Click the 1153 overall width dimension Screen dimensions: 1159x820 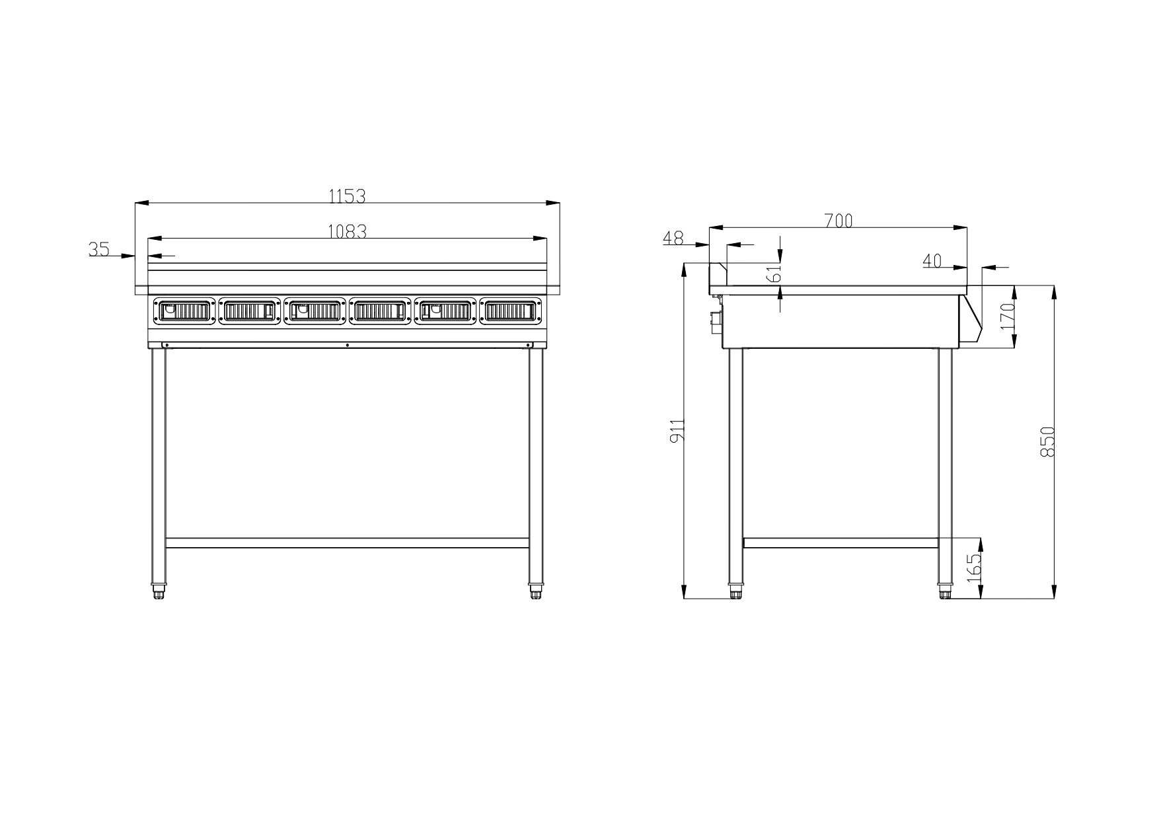(x=347, y=196)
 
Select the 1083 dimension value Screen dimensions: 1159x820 (x=347, y=231)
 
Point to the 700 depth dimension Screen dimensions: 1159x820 (x=839, y=221)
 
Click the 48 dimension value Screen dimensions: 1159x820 (x=673, y=239)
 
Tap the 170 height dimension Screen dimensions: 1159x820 (x=1007, y=317)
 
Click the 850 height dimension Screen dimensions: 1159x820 (x=1047, y=442)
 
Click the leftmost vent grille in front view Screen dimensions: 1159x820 (x=184, y=311)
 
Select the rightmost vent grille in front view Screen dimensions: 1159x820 (x=511, y=311)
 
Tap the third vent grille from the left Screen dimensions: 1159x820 (x=315, y=311)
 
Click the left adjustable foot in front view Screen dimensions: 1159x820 (x=159, y=591)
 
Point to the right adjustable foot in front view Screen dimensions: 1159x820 (x=536, y=591)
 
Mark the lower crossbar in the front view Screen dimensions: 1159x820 (x=347, y=542)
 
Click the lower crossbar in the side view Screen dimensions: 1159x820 (x=841, y=542)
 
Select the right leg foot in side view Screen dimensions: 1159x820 (x=946, y=591)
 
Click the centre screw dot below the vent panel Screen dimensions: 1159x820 (x=348, y=345)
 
